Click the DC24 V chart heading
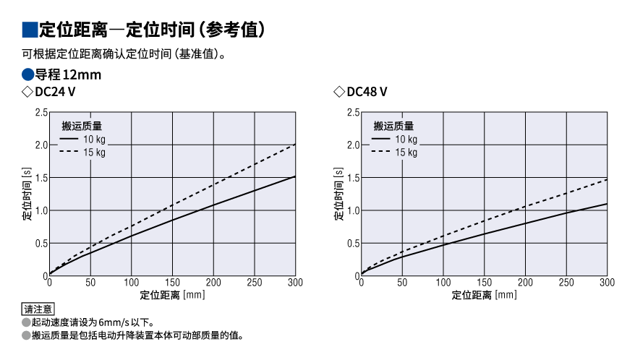[55, 92]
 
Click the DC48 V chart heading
[367, 92]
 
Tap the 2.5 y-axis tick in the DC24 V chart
[41, 112]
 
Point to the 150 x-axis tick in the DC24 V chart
[172, 282]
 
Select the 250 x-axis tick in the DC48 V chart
[566, 282]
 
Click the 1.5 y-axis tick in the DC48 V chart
[353, 178]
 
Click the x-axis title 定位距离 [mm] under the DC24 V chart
[172, 295]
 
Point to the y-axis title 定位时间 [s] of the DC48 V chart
[338, 194]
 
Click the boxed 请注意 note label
[39, 309]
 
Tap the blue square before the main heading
[30, 30]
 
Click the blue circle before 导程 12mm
[28, 74]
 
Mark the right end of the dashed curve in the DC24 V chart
[295, 145]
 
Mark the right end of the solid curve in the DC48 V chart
[607, 204]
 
